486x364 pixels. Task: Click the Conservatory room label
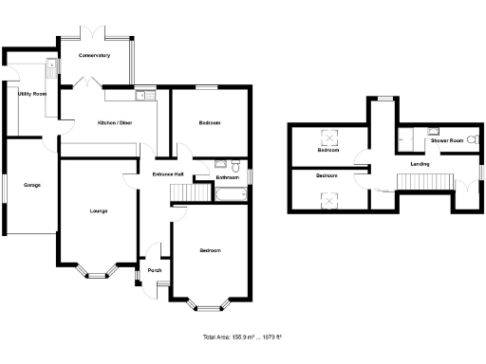94,56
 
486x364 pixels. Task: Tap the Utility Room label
33,95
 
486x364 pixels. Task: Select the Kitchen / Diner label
116,123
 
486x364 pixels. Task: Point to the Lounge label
98,210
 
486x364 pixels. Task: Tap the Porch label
155,270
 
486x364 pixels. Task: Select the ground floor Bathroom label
227,177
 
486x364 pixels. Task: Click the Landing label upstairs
419,165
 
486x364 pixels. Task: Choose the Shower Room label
450,140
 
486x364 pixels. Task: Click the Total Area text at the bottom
242,337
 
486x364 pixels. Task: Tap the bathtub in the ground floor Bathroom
232,194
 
